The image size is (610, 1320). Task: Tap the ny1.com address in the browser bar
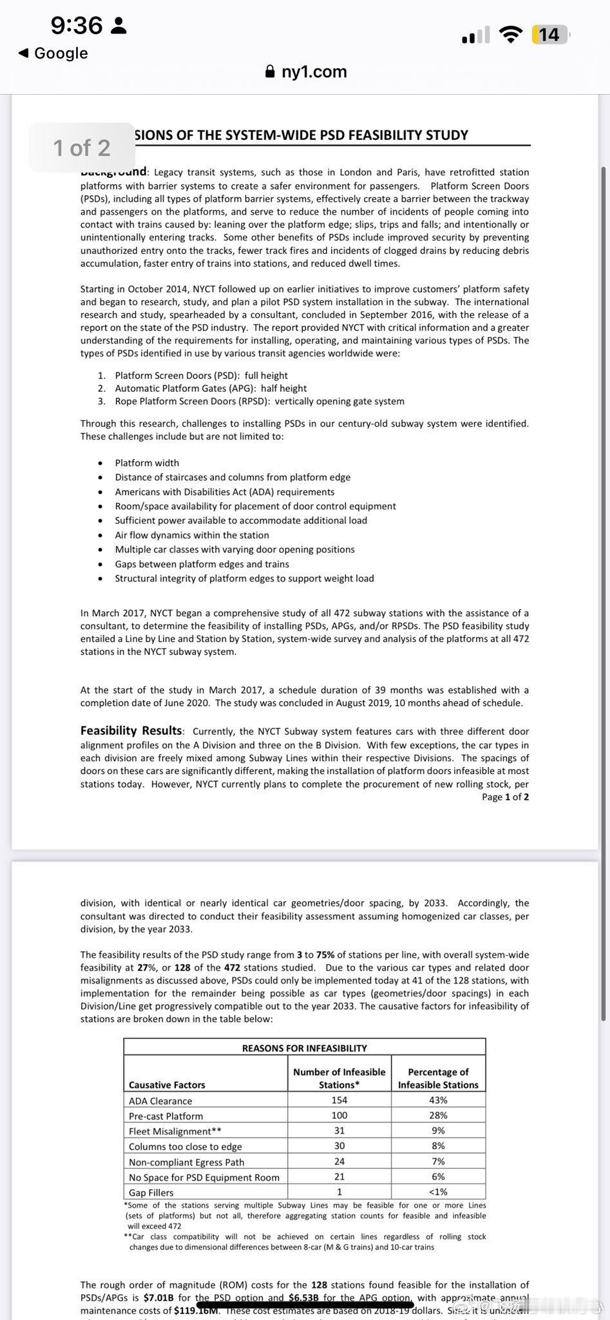click(314, 72)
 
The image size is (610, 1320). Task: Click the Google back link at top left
click(53, 53)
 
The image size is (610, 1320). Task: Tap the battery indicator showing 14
click(549, 34)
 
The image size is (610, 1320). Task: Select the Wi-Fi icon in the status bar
click(511, 35)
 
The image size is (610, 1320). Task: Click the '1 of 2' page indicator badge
click(82, 148)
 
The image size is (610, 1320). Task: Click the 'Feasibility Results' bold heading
click(131, 730)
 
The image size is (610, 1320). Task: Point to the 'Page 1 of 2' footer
click(505, 797)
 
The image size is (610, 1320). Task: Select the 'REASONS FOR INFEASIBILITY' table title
click(304, 1048)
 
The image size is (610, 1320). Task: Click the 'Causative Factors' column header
click(167, 1085)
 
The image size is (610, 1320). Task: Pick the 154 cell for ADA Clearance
click(339, 1100)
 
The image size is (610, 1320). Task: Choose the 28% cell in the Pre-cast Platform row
click(438, 1115)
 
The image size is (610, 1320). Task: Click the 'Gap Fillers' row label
click(151, 1192)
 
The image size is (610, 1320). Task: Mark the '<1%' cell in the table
click(438, 1192)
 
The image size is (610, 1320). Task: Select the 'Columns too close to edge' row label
click(186, 1147)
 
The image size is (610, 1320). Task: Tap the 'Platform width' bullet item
click(147, 463)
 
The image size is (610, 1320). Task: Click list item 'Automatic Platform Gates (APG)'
click(211, 388)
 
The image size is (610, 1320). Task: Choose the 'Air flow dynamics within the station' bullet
click(192, 535)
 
